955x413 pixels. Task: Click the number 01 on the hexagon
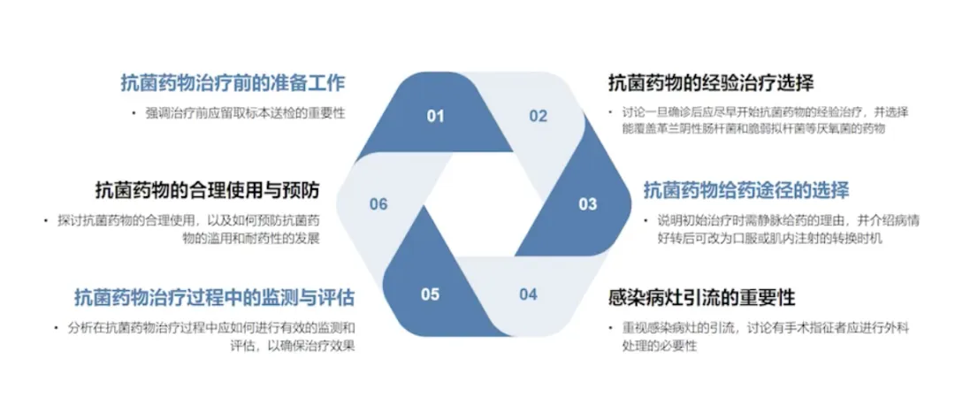pos(435,116)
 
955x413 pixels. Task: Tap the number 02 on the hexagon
pos(539,116)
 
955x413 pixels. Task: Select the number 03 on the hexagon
pos(588,204)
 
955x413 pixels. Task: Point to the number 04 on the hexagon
pos(528,294)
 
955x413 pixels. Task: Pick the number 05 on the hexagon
pos(431,294)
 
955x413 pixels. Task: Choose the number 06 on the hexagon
pos(378,204)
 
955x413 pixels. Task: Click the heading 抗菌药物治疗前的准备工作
pos(233,84)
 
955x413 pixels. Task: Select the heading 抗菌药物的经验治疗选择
pos(711,84)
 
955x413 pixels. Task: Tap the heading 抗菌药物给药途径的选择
pos(746,190)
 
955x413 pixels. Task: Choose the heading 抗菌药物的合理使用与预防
pos(208,190)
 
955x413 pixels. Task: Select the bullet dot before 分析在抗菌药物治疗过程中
pos(55,328)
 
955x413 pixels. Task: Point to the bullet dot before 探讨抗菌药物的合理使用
pos(44,220)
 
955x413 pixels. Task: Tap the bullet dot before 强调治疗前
pos(134,113)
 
